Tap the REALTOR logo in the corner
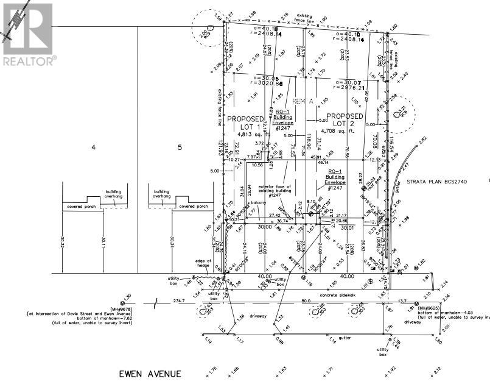coord(28,34)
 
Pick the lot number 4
coord(94,147)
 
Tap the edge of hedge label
coord(203,263)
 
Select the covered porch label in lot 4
coord(82,206)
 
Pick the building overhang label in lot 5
coord(161,194)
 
